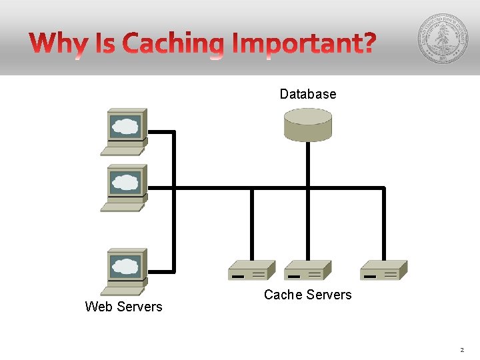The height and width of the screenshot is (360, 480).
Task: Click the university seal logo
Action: tap(443, 39)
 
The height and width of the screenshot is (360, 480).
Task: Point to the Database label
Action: tap(307, 94)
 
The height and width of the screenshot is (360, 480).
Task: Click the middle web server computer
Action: tap(124, 187)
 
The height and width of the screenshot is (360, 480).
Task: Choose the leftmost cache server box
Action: tap(251, 270)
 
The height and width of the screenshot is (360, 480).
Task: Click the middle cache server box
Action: tap(307, 270)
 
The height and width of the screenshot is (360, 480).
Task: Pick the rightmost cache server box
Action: tap(383, 270)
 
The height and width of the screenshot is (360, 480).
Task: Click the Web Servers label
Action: tap(123, 307)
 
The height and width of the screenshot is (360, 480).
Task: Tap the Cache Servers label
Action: tap(307, 295)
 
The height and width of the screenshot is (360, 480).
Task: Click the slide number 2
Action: tap(461, 349)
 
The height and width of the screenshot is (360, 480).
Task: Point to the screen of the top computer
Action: tap(126, 125)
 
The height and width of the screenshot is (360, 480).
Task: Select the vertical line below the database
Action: tap(307, 165)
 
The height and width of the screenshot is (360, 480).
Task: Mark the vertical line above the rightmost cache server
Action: tap(384, 223)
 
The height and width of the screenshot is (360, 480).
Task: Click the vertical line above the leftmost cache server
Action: tap(251, 223)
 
